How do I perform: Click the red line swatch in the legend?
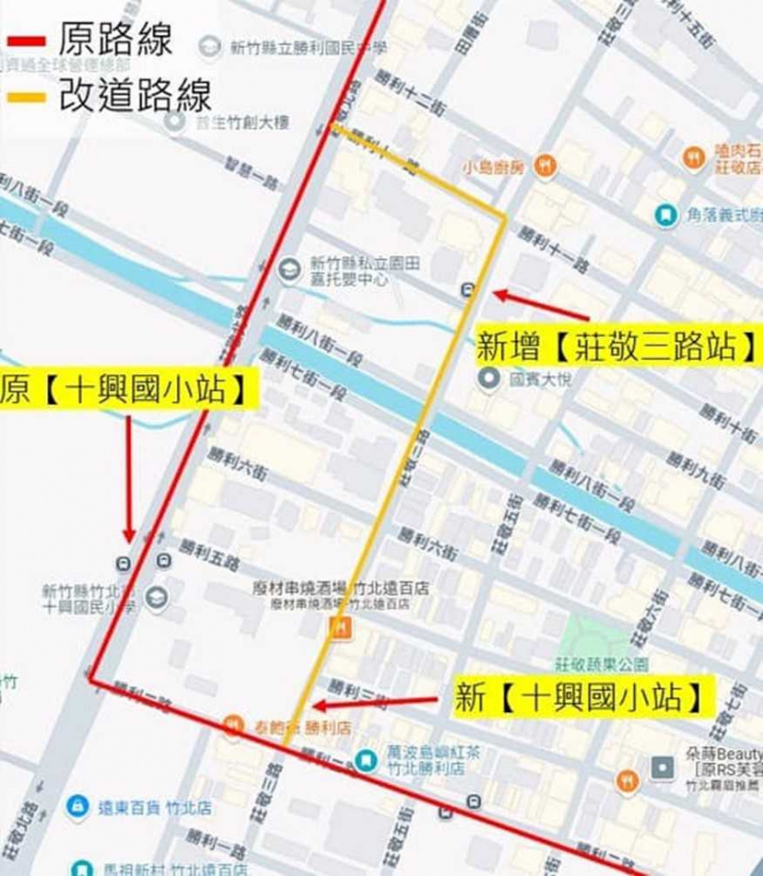(25, 41)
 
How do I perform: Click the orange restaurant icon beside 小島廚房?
(544, 167)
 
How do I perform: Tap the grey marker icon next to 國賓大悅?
(489, 381)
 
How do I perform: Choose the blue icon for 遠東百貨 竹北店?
(77, 807)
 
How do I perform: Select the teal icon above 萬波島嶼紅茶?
(367, 757)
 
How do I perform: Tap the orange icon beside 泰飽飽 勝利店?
(233, 725)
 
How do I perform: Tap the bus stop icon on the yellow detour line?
(468, 290)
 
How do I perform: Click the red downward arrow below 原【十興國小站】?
(129, 480)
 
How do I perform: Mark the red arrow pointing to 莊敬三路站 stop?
(542, 305)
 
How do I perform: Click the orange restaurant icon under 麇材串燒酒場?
(341, 628)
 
